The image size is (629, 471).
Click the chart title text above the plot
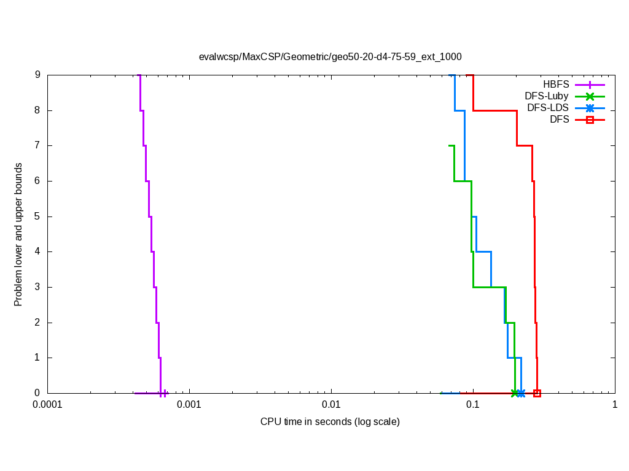pos(330,56)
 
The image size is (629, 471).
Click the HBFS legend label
pos(556,84)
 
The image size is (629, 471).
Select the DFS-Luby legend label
pos(546,96)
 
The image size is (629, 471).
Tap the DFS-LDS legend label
pos(547,107)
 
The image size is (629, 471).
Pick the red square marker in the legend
pos(590,120)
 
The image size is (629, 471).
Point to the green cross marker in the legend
pos(590,96)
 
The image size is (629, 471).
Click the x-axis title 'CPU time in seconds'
pos(330,421)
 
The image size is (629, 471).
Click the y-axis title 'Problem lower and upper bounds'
pos(18,234)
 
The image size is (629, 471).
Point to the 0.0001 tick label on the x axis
pos(47,405)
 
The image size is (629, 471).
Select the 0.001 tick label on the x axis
pos(189,405)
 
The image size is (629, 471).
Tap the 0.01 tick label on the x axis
pos(331,405)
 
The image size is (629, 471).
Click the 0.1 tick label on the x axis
pos(473,405)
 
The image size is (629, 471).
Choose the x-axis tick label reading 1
pos(614,405)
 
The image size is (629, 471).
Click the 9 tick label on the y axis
pos(37,75)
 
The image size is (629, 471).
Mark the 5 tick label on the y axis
pos(37,216)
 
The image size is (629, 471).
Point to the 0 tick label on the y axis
pos(37,393)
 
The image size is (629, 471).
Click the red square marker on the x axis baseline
pos(537,393)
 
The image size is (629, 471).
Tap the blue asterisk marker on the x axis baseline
pos(521,393)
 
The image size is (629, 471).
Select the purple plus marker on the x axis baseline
pos(164,393)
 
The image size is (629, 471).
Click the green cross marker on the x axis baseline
pos(515,393)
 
